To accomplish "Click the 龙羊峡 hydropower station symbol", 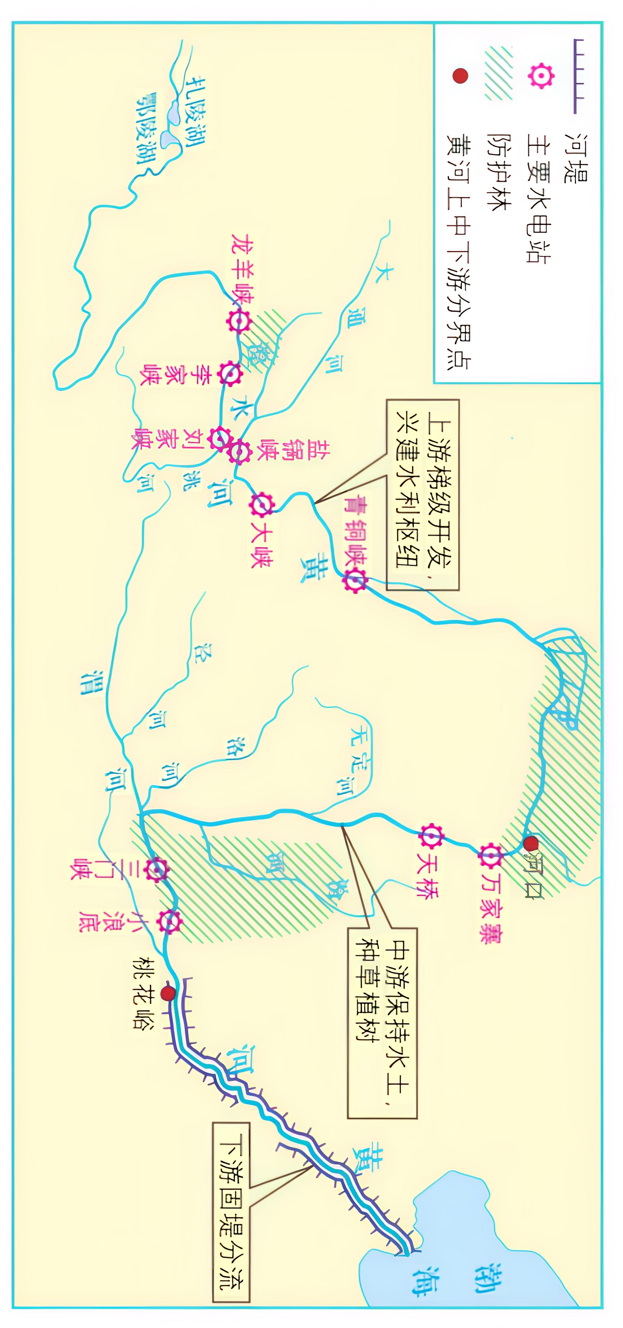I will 239,322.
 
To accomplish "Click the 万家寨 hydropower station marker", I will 491,856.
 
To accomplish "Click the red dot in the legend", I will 459,76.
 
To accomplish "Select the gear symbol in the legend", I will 541,76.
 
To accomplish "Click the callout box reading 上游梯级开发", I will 423,494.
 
